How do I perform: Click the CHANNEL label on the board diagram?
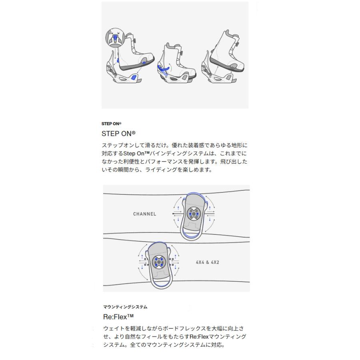(x=144, y=214)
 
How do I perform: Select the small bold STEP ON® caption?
(x=112, y=124)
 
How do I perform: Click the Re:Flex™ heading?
(x=118, y=317)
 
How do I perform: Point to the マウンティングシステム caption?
(x=125, y=307)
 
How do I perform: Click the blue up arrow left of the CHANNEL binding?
(x=178, y=209)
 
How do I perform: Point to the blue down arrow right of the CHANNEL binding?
(x=211, y=219)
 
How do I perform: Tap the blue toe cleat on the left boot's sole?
(x=144, y=63)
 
